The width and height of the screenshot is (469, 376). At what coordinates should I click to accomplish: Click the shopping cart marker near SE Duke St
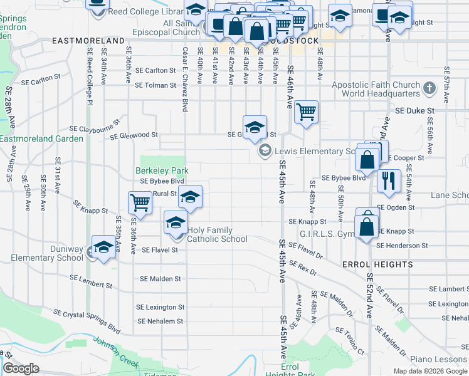coord(306,113)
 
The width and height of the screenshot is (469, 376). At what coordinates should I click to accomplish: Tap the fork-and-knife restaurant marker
coord(389,180)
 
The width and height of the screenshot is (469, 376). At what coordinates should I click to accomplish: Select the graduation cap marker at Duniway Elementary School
coord(103,247)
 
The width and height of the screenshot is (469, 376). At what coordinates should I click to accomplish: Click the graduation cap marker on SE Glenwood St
coord(255,127)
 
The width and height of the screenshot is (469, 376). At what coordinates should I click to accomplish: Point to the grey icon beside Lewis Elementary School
coord(265,151)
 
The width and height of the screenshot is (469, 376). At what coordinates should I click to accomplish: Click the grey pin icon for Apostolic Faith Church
coord(429,87)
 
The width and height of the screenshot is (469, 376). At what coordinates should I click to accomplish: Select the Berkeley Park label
coord(162,170)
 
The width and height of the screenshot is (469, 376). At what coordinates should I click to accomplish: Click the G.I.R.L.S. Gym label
coord(326,234)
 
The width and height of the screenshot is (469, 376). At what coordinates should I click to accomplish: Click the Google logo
coord(21,368)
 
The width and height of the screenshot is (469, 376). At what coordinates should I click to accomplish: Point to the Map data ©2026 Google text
coord(430,371)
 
